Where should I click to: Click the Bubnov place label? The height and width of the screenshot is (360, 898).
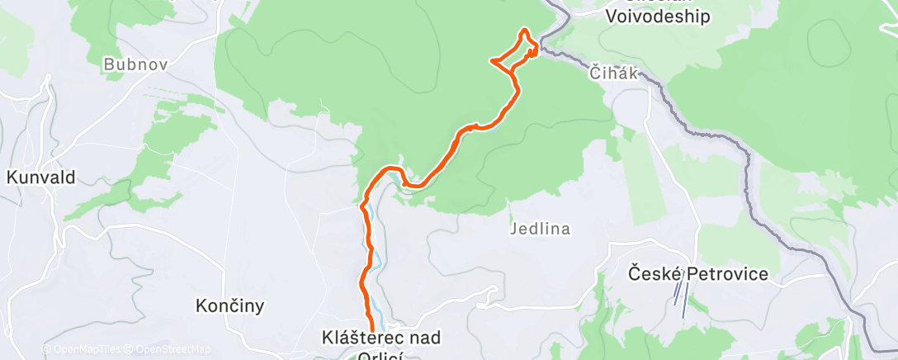129,64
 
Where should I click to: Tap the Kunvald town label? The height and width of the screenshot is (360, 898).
41,177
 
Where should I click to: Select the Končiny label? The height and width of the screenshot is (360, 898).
230,306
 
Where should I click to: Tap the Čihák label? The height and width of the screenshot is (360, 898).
614,73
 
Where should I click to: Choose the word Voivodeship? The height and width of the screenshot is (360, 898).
657,17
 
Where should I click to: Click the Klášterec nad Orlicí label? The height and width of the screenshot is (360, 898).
381,338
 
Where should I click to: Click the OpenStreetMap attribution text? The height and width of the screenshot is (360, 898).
170,349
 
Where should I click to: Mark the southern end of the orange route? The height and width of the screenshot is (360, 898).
371,330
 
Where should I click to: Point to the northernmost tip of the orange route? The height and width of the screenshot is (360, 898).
523,31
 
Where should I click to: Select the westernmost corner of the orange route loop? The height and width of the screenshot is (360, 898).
493,60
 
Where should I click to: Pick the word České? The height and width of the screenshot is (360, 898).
648,274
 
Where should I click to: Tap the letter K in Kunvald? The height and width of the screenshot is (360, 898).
12,177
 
